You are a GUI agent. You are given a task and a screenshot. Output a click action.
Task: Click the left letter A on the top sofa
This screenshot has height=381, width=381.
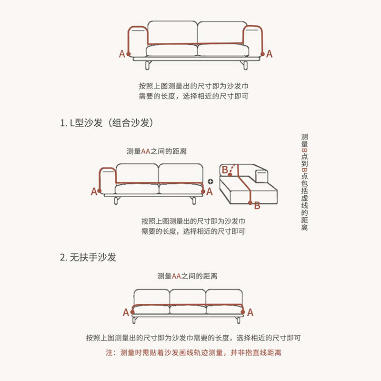122,54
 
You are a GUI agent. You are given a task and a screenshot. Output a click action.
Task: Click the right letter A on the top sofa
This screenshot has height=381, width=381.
269,54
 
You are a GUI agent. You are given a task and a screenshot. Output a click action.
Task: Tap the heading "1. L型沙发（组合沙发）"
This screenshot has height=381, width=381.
107,123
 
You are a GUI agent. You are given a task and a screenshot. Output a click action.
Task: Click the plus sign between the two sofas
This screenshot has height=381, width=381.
211,181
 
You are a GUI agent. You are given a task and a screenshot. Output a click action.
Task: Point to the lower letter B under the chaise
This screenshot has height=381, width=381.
257,206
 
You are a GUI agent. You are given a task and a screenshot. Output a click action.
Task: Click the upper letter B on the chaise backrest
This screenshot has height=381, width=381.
225,169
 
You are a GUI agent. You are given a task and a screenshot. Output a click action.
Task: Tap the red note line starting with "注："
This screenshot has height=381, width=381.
193,353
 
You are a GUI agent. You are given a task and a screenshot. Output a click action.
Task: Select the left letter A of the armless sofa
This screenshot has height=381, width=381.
126,312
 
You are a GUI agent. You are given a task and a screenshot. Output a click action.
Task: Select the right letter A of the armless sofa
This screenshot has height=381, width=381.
251,312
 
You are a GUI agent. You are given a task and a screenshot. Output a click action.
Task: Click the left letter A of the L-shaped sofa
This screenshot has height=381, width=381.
94,191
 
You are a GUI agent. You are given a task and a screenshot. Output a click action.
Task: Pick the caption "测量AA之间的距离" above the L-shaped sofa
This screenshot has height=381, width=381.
156,151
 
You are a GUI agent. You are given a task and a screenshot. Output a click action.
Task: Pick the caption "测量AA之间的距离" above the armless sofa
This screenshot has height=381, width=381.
187,276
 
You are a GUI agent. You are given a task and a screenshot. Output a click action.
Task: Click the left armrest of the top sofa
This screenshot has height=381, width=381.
136,42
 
